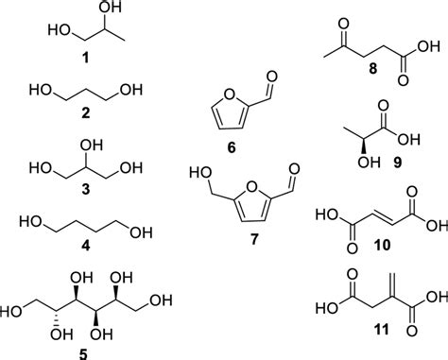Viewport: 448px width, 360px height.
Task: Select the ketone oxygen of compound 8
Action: (x=352, y=13)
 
